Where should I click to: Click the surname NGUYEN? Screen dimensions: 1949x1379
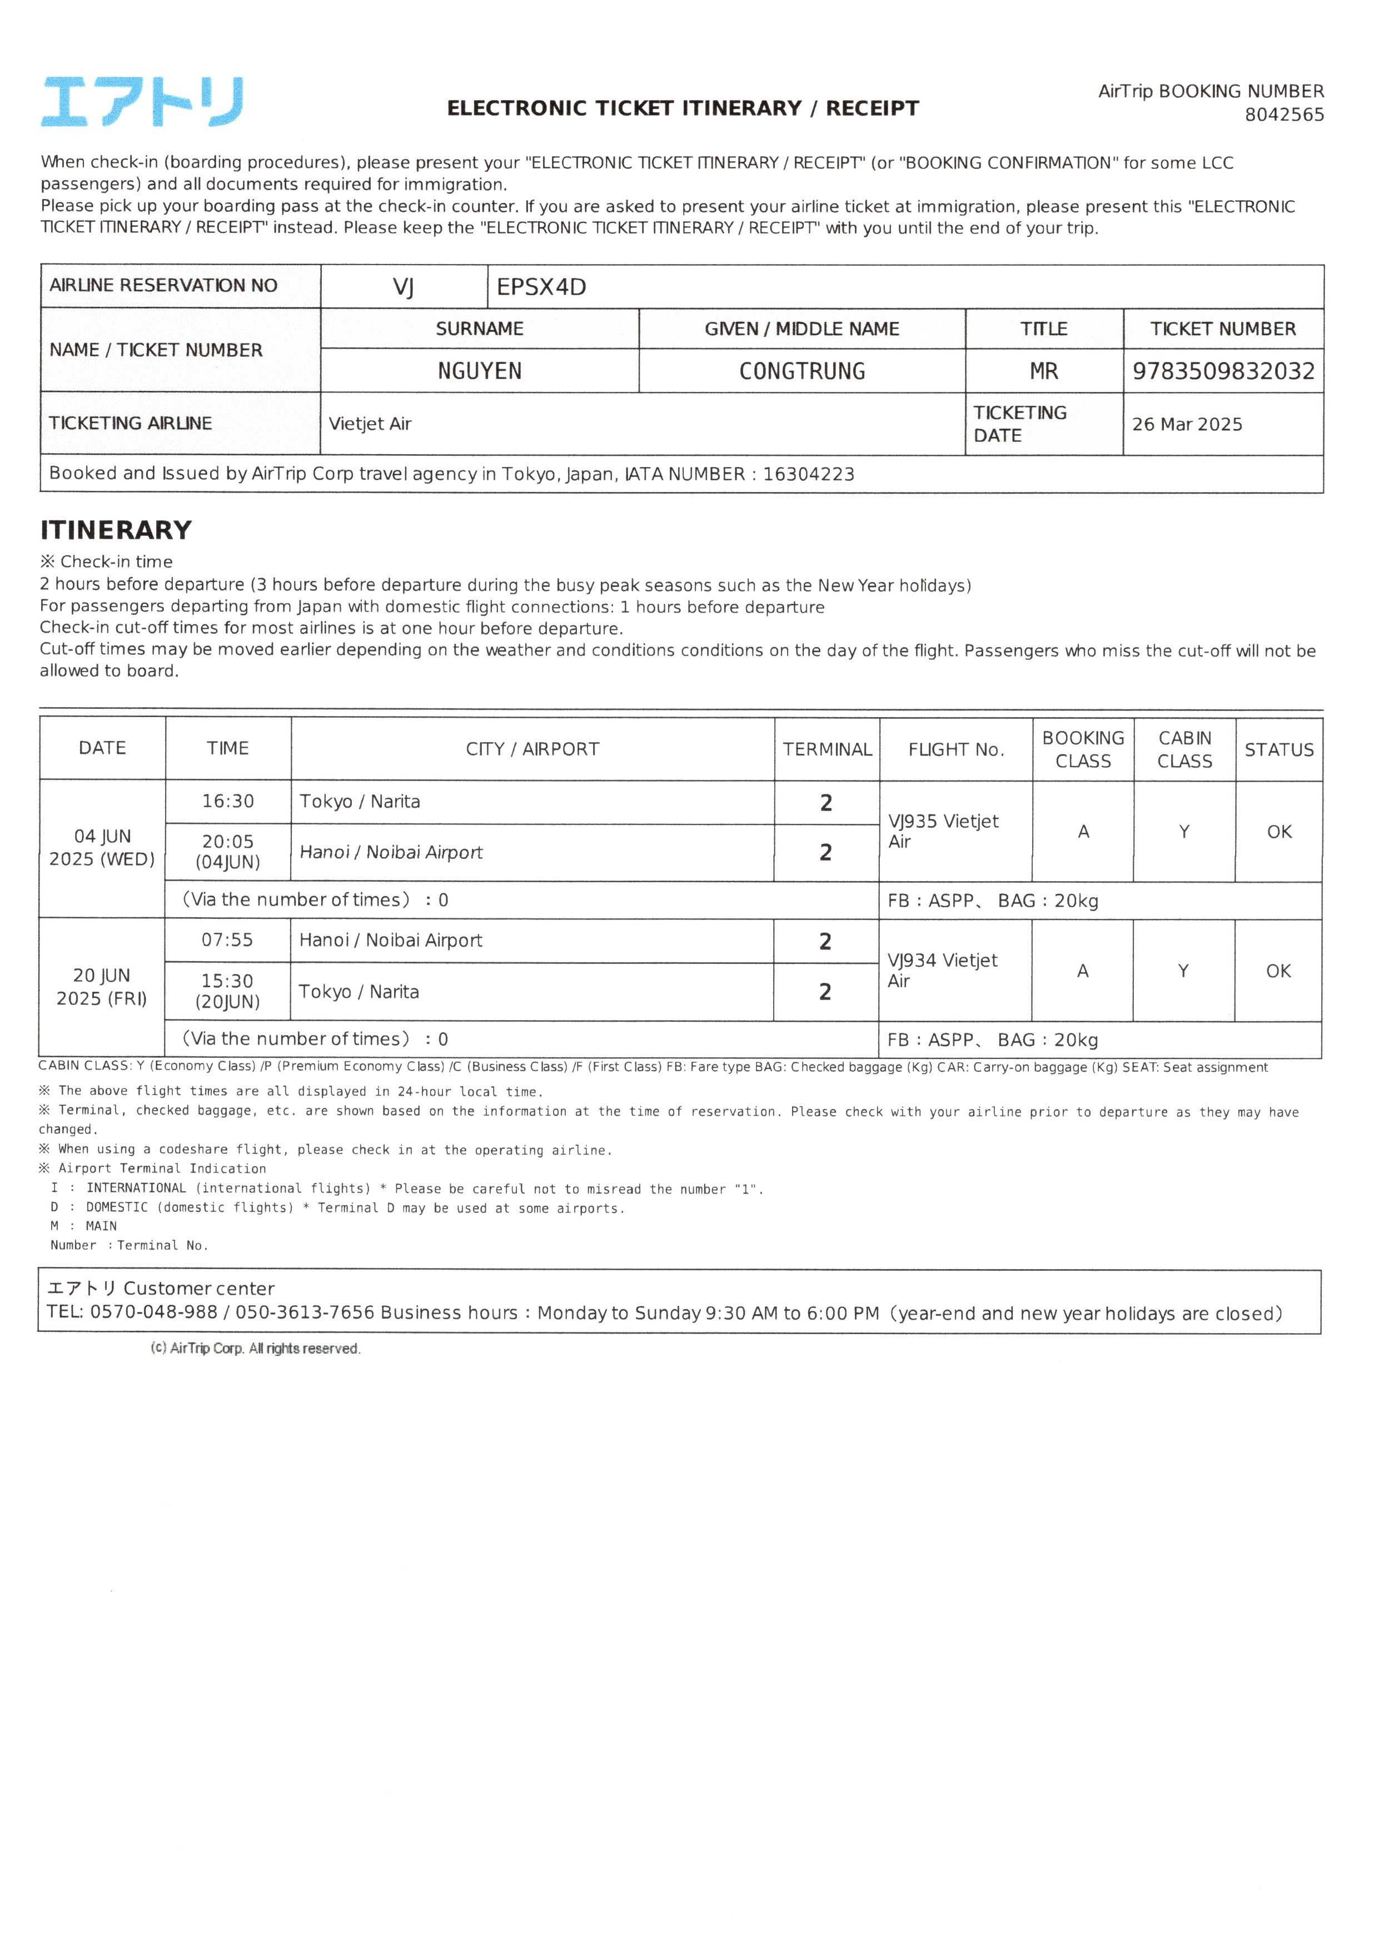pyautogui.click(x=479, y=371)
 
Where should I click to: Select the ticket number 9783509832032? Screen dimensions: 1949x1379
pyautogui.click(x=1223, y=371)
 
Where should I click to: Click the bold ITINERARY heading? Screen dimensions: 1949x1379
pyautogui.click(x=116, y=530)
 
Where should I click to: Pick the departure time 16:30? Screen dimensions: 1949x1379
pyautogui.click(x=227, y=801)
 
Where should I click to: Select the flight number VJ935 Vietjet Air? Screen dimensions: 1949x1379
pyautogui.click(x=943, y=831)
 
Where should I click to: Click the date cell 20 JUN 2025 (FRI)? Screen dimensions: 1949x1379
pyautogui.click(x=102, y=986)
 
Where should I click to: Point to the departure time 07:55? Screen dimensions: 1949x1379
pyautogui.click(x=227, y=940)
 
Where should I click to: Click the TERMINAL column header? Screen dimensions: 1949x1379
pyautogui.click(x=827, y=749)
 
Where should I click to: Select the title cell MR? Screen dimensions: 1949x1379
pyautogui.click(x=1044, y=371)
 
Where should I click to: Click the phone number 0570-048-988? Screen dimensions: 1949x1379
pyautogui.click(x=154, y=1312)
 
